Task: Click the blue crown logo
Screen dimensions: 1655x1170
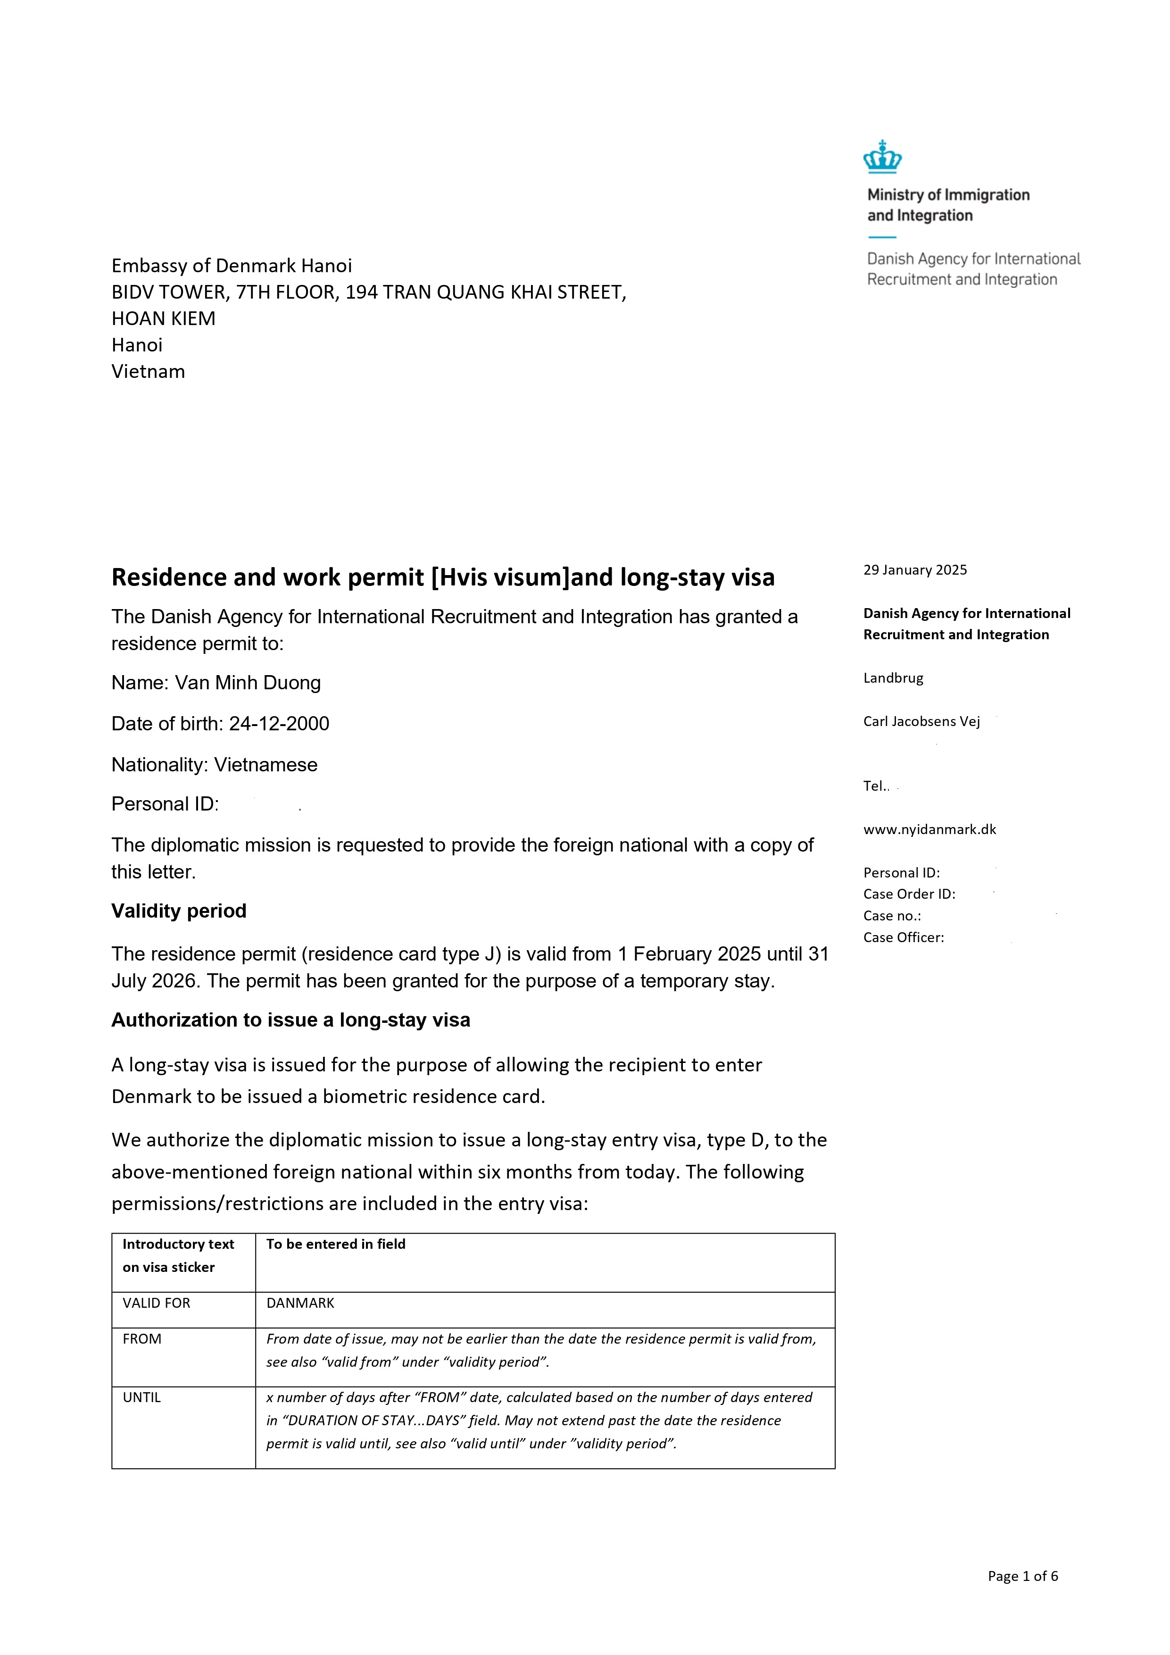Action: [x=882, y=157]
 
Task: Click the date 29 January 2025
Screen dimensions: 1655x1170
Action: [x=915, y=570]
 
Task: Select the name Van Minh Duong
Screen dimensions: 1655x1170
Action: [x=248, y=683]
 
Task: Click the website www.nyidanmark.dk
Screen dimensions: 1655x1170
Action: [x=929, y=830]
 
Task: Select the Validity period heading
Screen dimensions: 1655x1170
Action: [x=179, y=911]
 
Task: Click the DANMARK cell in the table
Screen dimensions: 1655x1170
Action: [x=300, y=1303]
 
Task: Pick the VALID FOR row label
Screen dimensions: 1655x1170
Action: [x=157, y=1303]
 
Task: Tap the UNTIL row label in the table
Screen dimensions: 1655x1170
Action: [x=142, y=1398]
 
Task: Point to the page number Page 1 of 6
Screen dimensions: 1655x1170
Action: [x=1022, y=1576]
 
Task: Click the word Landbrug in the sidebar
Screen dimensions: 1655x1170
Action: [x=893, y=678]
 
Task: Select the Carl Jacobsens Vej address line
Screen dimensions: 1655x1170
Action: [x=921, y=721]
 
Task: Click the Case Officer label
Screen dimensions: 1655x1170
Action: [x=904, y=938]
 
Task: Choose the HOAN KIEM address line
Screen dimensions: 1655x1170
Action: [x=164, y=318]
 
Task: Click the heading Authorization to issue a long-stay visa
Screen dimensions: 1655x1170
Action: [x=290, y=1020]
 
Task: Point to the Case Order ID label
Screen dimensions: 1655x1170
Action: [x=909, y=894]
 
